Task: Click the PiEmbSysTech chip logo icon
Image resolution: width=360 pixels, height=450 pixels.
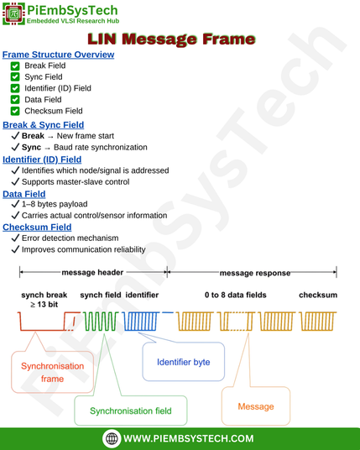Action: coord(13,13)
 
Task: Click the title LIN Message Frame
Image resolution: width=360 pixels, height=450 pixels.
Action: coord(171,39)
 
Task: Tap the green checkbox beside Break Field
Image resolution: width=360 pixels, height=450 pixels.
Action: coord(15,66)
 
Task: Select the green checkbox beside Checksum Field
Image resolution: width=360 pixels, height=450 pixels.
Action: coord(15,111)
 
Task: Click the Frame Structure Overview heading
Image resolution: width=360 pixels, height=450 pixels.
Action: coord(58,55)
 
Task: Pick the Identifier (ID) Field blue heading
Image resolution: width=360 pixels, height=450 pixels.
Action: coord(42,160)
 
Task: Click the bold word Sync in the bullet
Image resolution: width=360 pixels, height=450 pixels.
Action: coord(31,147)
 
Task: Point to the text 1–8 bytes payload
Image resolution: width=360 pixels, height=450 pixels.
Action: coord(55,204)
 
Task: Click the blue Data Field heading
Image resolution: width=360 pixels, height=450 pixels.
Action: coord(24,194)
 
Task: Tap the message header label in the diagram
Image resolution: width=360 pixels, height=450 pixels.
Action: coord(92,272)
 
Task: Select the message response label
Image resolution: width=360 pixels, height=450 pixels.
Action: coord(255,273)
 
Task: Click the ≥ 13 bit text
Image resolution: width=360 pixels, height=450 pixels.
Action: coord(44,304)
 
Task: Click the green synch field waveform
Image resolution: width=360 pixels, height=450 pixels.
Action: coord(101,322)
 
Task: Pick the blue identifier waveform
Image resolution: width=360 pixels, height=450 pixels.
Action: coord(140,322)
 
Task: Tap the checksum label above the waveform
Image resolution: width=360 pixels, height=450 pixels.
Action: coord(318,295)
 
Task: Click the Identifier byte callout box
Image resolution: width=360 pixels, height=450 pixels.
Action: coord(183,362)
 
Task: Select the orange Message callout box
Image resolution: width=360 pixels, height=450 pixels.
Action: coord(256,406)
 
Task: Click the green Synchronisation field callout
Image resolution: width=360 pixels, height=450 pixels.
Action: coord(131,411)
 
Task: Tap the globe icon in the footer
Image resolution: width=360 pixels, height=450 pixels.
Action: coord(112,438)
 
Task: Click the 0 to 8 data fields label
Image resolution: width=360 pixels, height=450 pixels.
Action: coord(236,295)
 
